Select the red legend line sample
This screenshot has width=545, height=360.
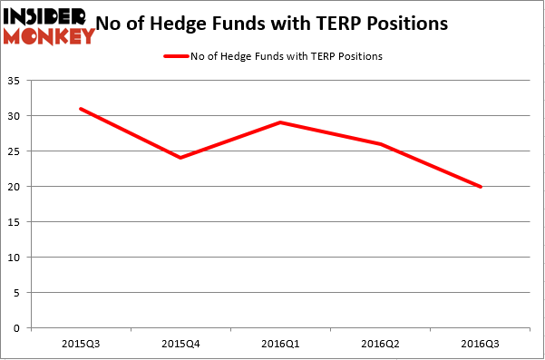click(175, 56)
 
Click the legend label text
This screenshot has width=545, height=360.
click(286, 56)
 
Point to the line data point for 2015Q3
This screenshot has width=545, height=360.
click(80, 109)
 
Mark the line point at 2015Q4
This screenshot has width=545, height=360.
click(180, 158)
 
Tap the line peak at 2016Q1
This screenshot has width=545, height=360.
click(280, 122)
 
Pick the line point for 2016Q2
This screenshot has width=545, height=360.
click(381, 143)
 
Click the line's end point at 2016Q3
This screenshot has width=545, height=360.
click(481, 187)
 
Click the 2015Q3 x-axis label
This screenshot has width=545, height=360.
click(80, 343)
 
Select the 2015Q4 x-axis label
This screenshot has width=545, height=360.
click(180, 343)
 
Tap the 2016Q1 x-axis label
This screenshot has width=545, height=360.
click(280, 343)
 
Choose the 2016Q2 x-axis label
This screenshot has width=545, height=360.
click(381, 343)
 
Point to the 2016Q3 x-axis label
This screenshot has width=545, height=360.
click(481, 343)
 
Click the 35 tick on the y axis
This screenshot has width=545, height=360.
click(17, 82)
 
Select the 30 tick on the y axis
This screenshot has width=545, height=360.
click(17, 116)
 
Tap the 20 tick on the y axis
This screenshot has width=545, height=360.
click(17, 187)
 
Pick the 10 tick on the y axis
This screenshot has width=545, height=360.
click(17, 258)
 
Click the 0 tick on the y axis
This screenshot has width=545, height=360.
click(20, 328)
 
